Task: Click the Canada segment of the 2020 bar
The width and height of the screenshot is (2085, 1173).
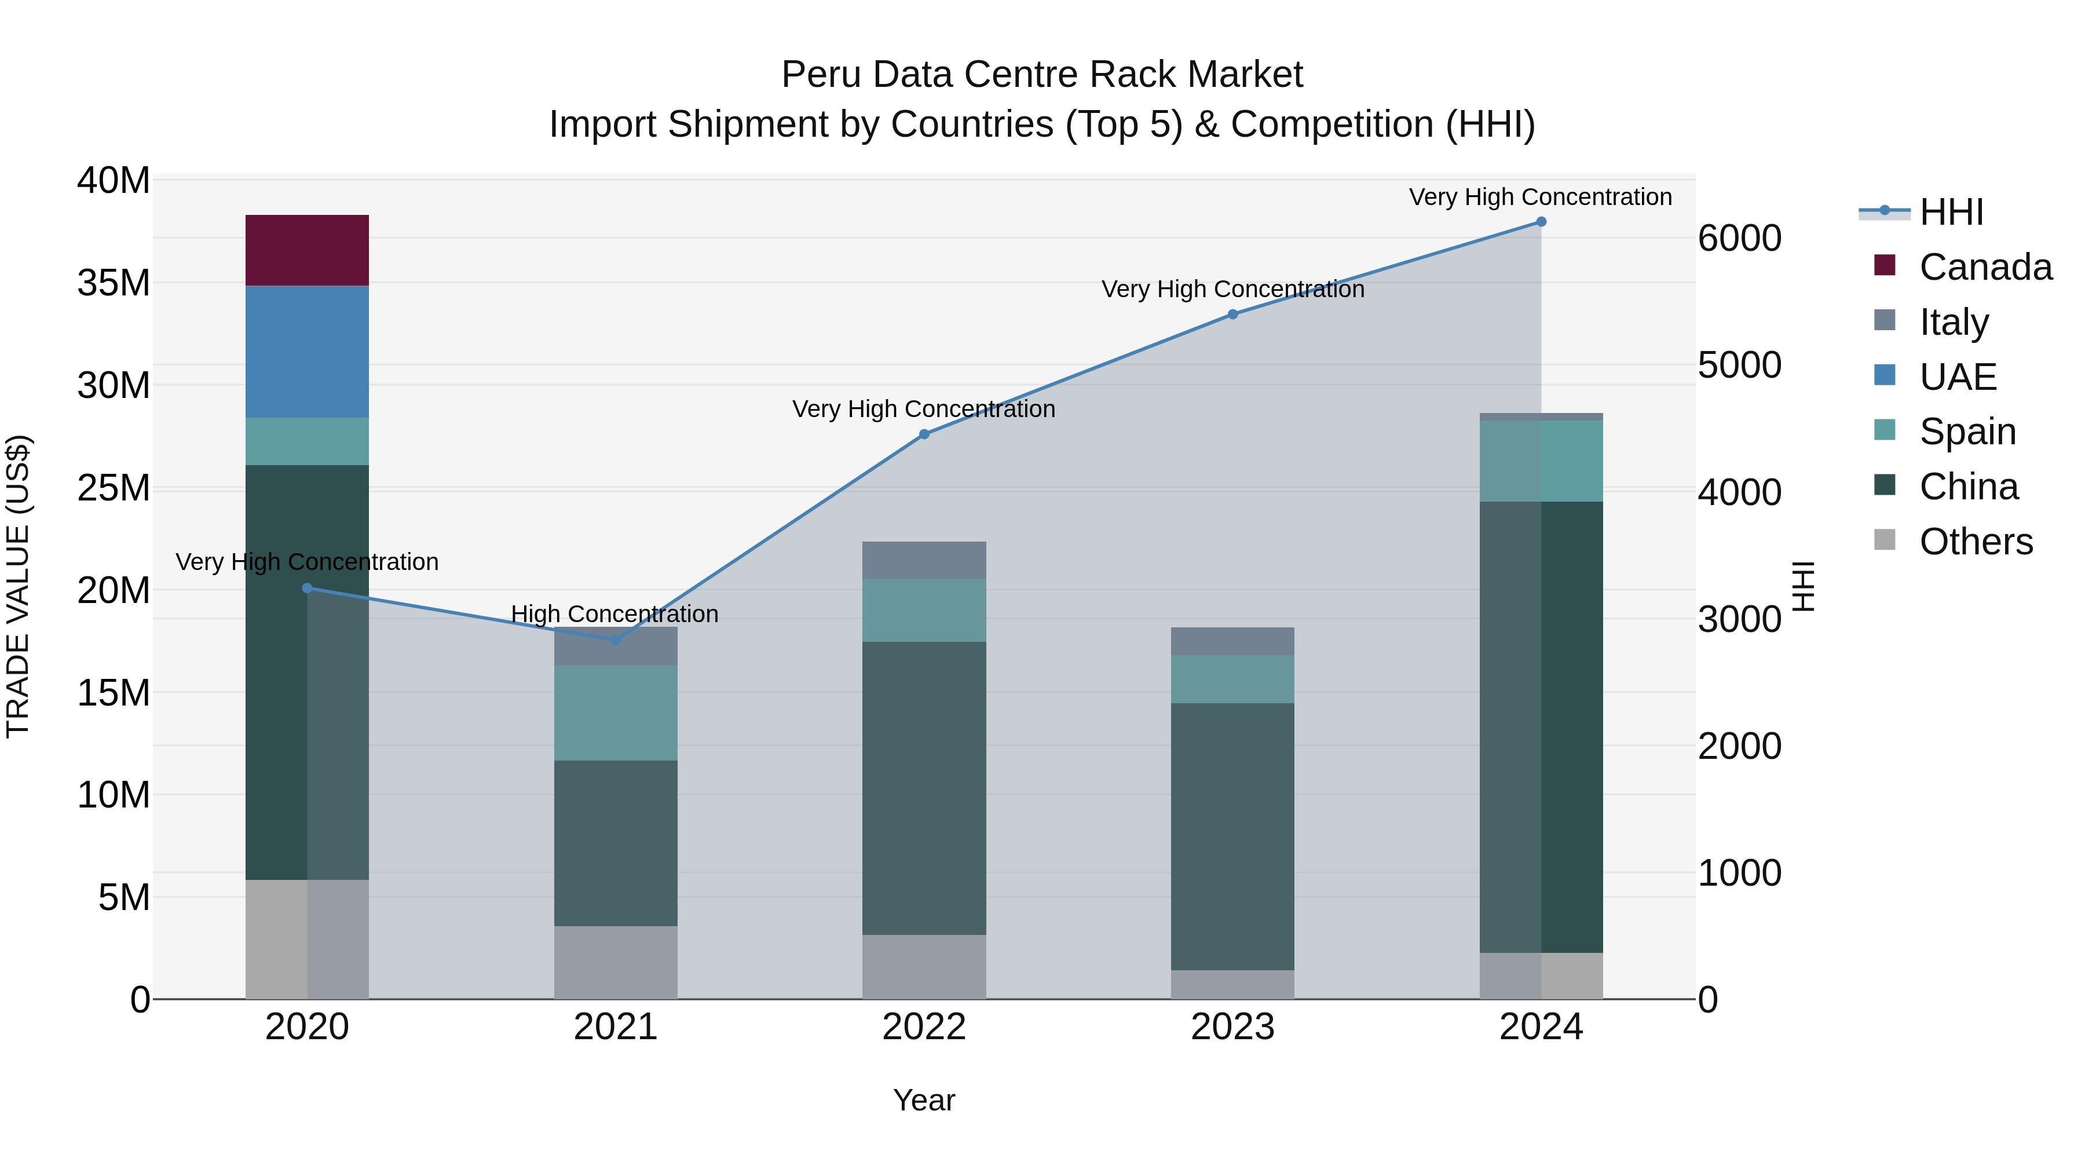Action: pyautogui.click(x=307, y=250)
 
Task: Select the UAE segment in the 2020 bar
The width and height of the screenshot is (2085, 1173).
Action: pyautogui.click(x=307, y=352)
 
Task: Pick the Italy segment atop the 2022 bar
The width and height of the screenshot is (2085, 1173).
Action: pyautogui.click(x=924, y=560)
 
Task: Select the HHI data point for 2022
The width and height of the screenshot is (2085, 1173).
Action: pyautogui.click(x=924, y=434)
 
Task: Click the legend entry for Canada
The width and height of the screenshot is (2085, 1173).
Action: pyautogui.click(x=1985, y=267)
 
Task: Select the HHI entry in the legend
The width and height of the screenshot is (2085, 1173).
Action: pyautogui.click(x=1951, y=212)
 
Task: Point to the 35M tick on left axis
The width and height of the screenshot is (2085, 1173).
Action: pyautogui.click(x=114, y=283)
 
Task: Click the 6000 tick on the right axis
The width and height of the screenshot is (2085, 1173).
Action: pyautogui.click(x=1739, y=239)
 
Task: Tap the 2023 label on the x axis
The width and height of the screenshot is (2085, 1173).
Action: pyautogui.click(x=1232, y=1027)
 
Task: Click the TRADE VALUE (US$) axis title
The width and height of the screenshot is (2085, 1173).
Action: pyautogui.click(x=18, y=586)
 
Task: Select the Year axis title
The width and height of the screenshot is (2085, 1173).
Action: pyautogui.click(x=924, y=1100)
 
